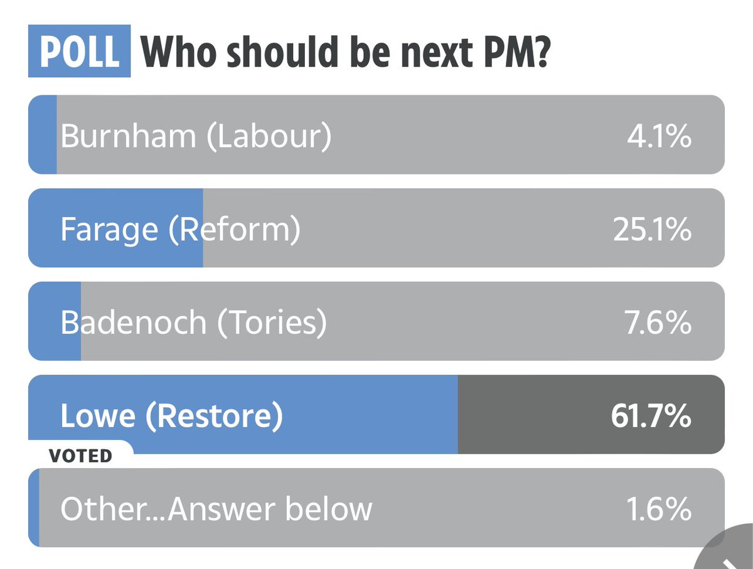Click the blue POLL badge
(79, 51)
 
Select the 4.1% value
(659, 136)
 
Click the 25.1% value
(652, 230)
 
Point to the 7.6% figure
(658, 322)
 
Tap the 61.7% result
(651, 416)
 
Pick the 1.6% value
(659, 509)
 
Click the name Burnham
(128, 136)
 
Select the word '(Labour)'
(269, 137)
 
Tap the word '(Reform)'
(235, 230)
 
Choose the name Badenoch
(134, 322)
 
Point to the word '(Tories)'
(272, 323)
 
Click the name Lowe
(98, 416)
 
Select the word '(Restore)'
(215, 417)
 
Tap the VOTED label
(80, 456)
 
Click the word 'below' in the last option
(329, 509)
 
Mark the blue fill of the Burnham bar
(43, 134)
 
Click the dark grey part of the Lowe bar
(591, 414)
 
